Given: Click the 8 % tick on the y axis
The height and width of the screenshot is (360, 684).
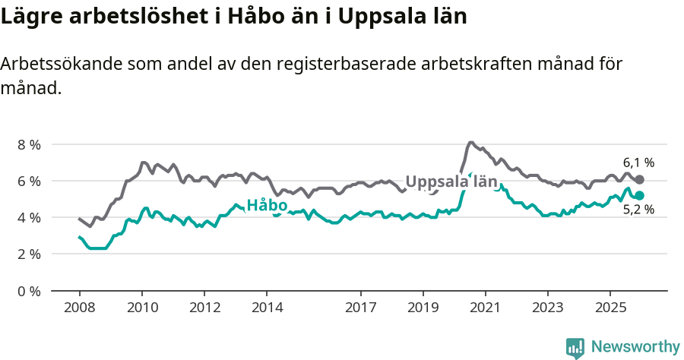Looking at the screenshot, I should (29, 144).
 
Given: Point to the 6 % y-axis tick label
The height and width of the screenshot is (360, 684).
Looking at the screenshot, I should (29, 181).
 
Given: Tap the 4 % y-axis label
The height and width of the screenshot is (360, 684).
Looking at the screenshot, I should (29, 217).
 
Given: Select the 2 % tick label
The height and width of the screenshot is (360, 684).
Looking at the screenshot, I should (29, 254).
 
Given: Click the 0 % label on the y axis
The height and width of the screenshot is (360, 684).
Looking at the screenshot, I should (29, 290).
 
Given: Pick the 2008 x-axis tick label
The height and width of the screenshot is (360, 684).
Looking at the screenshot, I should (79, 308).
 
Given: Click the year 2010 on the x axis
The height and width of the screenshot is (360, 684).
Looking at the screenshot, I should (142, 308).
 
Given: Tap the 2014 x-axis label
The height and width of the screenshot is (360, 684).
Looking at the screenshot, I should (267, 308).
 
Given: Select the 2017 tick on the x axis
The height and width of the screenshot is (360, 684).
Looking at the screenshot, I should (360, 308).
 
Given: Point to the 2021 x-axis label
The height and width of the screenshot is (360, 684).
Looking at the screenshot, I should (485, 308).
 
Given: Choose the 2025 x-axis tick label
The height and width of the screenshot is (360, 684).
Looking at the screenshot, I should (610, 308).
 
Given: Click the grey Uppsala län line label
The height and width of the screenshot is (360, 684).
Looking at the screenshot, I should (451, 182).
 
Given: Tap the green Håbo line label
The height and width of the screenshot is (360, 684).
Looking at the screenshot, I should (267, 206).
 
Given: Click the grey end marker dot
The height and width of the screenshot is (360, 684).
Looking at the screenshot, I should (640, 179).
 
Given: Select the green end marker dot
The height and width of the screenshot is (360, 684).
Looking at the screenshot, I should (640, 196).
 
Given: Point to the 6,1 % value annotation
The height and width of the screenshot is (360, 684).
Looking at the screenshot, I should (638, 163).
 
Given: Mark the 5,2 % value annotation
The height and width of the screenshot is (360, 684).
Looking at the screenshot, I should (638, 210).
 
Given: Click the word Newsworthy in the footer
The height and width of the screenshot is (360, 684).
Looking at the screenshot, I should (635, 347).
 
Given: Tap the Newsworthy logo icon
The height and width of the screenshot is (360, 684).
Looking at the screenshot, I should (575, 348).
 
